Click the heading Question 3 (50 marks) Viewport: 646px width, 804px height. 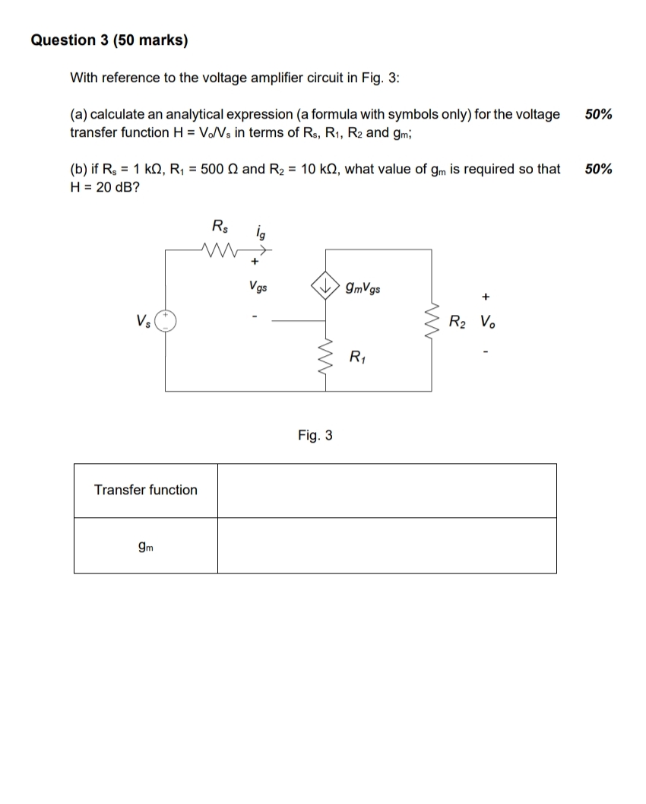109,40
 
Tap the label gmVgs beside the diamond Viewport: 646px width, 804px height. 363,288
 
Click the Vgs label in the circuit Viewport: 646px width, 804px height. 257,288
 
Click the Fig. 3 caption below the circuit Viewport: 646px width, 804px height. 315,435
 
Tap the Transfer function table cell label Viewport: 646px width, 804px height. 145,490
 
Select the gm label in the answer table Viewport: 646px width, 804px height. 145,545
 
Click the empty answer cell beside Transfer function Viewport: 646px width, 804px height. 386,491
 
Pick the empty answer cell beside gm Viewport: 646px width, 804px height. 386,545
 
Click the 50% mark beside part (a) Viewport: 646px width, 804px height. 599,114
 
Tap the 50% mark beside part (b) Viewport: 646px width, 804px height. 599,169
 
